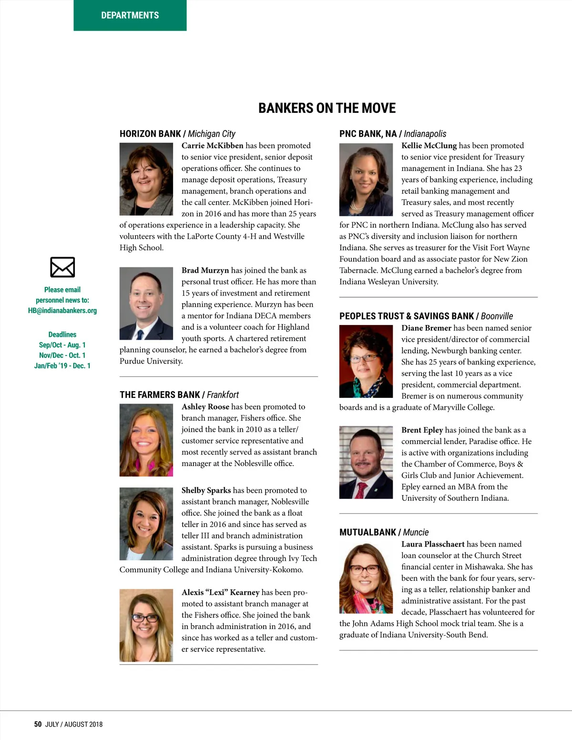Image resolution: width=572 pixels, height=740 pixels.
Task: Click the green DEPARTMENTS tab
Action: [130, 15]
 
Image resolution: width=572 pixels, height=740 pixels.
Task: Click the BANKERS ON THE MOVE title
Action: [327, 108]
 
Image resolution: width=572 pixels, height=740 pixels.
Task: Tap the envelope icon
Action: [62, 267]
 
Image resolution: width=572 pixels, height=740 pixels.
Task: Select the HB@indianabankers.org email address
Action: [62, 311]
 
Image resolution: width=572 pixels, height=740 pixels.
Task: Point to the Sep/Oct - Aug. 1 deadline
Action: [62, 345]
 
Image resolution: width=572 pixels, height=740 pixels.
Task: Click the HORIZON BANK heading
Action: [150, 134]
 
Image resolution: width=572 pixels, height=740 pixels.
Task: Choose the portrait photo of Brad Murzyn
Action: [146, 304]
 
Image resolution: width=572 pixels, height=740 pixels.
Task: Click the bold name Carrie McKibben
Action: [212, 146]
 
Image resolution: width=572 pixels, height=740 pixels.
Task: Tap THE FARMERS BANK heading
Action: [160, 395]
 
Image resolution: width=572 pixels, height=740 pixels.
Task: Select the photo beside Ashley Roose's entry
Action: [146, 440]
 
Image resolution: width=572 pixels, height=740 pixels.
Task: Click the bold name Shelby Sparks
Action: [206, 490]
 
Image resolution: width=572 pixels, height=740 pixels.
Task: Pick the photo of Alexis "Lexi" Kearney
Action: [146, 625]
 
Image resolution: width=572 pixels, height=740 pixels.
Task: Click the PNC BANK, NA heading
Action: [368, 134]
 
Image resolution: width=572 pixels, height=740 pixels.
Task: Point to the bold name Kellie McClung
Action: [429, 146]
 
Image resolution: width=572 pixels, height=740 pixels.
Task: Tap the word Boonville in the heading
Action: [497, 316]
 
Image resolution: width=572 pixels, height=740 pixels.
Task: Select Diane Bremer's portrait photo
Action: [366, 361]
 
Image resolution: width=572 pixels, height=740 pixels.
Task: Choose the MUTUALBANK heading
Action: [368, 532]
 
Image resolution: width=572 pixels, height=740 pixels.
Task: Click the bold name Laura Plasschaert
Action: [433, 544]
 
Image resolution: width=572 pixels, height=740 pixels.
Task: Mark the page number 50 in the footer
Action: [38, 724]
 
